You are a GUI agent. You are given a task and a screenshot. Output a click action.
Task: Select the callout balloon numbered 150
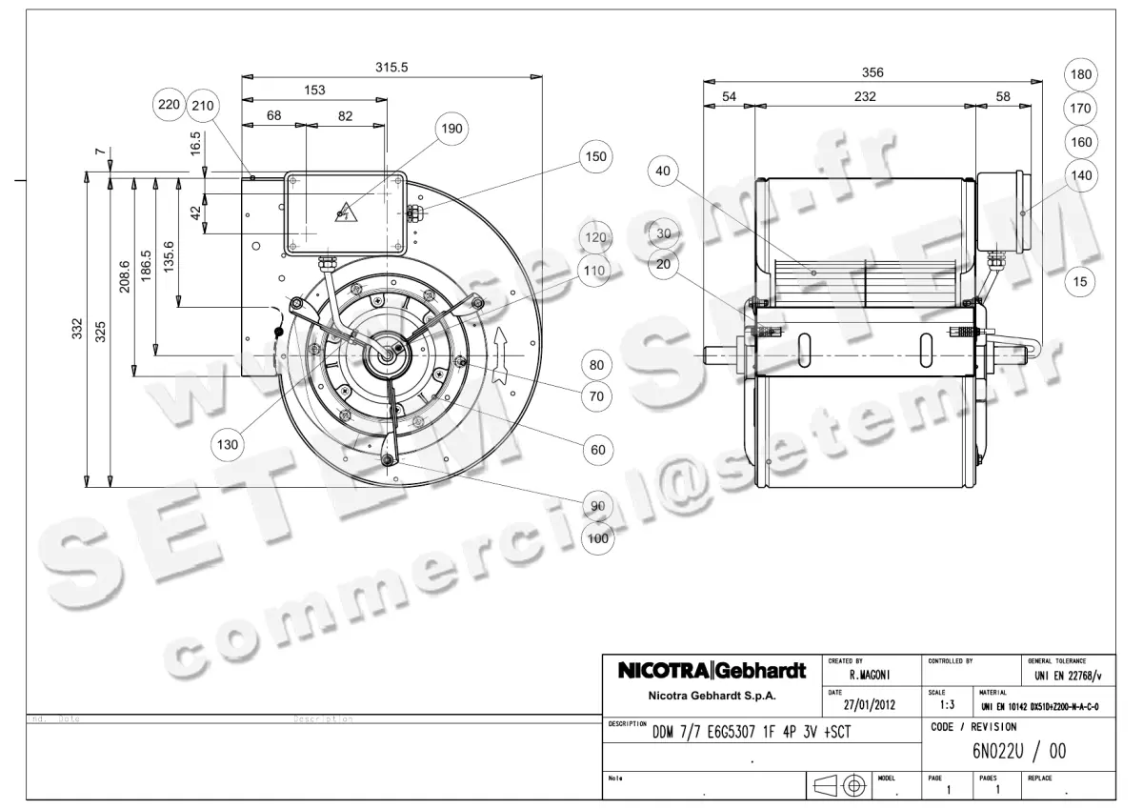(595, 156)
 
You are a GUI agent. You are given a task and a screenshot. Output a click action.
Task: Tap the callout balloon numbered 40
(664, 172)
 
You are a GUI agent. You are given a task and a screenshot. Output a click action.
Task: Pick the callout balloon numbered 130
(228, 443)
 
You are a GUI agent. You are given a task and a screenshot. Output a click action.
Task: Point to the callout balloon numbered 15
(1080, 281)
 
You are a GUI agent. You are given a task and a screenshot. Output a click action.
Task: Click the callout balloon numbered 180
(1080, 74)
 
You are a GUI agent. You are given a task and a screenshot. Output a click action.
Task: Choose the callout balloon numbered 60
(597, 450)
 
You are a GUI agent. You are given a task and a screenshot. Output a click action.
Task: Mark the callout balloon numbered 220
(170, 105)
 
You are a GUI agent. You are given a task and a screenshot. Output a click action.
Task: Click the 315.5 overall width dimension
(391, 68)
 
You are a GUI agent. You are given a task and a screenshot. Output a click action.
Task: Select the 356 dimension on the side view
(872, 72)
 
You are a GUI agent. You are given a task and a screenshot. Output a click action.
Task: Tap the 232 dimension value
(864, 96)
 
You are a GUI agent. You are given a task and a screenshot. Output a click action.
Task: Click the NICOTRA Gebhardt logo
(712, 670)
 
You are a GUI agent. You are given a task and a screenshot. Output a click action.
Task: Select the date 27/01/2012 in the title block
(871, 705)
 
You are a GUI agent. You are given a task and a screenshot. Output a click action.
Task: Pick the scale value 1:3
(946, 705)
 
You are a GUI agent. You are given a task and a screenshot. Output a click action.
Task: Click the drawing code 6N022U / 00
(1018, 752)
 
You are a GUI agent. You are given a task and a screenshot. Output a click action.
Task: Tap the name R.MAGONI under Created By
(869, 675)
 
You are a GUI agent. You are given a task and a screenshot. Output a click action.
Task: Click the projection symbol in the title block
(839, 785)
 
